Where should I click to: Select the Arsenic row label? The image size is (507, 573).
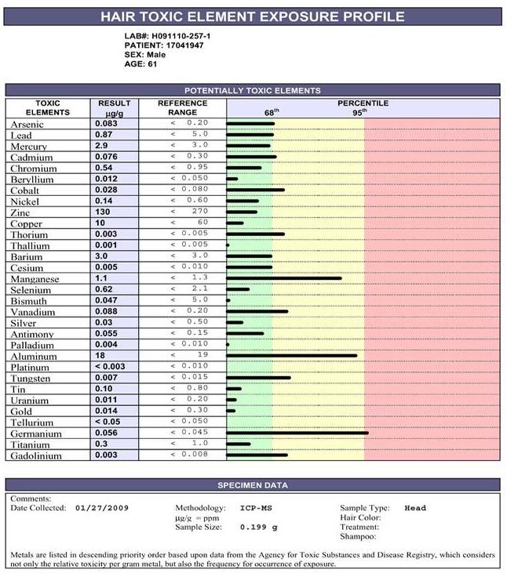[27, 124]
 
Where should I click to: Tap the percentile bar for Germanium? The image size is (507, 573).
[297, 433]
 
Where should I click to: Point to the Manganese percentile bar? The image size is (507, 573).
[284, 278]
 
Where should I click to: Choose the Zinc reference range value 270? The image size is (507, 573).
[198, 212]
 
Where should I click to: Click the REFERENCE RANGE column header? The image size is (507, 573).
[183, 107]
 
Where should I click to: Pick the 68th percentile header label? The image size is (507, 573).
[272, 112]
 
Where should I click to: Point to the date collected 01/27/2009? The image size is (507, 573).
[103, 508]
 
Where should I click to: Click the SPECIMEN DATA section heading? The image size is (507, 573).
[253, 485]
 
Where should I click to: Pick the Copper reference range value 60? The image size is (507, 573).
[202, 223]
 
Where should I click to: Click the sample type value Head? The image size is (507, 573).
[415, 508]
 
